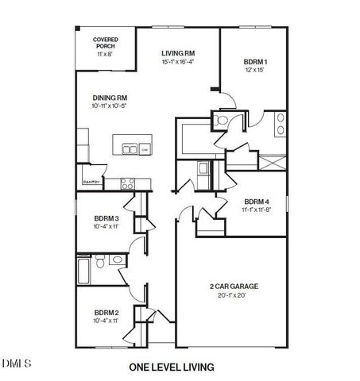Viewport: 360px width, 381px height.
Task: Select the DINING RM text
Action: point(110,98)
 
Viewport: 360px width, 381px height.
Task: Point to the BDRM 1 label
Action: point(256,62)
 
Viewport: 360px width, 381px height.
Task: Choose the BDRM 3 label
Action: point(106,218)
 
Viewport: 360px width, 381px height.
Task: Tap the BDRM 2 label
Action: point(106,312)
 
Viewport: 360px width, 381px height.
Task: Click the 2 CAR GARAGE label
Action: point(232,286)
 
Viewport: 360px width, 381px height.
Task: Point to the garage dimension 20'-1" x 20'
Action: point(232,295)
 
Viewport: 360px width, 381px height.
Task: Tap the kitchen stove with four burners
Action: point(127,183)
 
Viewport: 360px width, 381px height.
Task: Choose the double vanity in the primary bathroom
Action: point(281,122)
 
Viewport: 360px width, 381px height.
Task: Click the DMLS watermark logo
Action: point(16,364)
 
